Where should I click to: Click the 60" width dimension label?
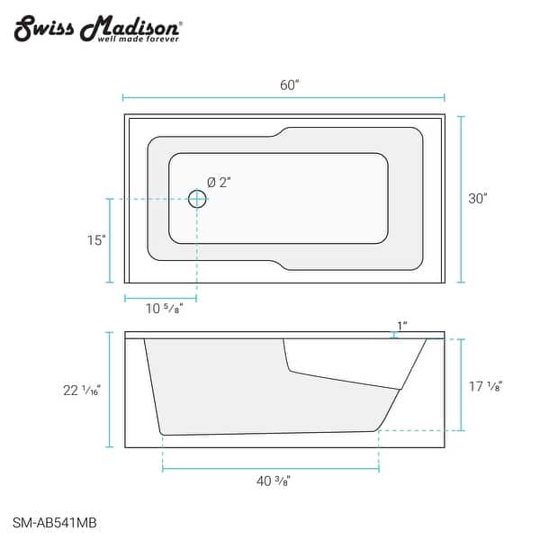tap(289, 85)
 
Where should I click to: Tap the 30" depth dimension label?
tap(478, 199)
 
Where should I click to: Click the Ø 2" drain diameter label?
tap(220, 182)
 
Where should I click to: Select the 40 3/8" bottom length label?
tap(271, 481)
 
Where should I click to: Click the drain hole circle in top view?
tap(197, 199)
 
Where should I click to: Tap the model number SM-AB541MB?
tap(57, 520)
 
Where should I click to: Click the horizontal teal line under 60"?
tap(283, 97)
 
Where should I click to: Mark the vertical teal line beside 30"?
tap(462, 199)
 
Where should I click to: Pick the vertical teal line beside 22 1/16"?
tap(111, 390)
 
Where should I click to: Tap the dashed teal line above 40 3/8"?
tap(270, 468)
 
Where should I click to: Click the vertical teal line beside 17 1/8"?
tap(462, 385)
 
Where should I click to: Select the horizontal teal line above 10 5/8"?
tap(160, 298)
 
